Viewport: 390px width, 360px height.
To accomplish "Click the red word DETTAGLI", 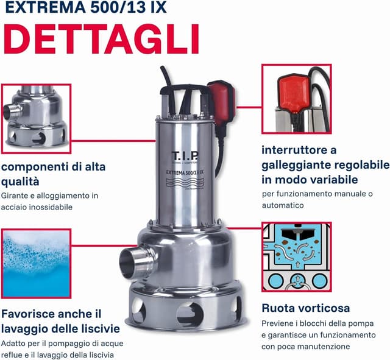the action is click(102, 39).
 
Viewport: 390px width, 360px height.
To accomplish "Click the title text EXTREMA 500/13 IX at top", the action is click(85, 7).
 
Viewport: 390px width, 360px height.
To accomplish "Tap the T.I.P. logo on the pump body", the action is click(185, 156).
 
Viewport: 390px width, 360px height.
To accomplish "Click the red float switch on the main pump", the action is click(221, 102).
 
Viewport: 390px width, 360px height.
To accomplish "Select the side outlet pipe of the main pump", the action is click(136, 261).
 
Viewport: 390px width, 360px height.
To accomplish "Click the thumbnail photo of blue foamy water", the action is click(37, 264).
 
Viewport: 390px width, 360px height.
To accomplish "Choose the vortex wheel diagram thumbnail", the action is click(297, 257).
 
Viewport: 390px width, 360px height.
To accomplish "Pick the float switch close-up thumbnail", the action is click(297, 99).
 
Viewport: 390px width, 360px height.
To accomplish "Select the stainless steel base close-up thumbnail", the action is click(37, 119).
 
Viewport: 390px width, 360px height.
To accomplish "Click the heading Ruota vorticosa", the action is click(306, 308).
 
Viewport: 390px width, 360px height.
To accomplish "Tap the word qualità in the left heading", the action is click(20, 182).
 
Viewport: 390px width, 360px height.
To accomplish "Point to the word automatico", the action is click(283, 205).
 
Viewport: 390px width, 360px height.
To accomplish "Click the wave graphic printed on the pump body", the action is click(185, 183).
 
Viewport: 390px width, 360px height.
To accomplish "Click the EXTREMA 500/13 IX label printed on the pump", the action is click(185, 172).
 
